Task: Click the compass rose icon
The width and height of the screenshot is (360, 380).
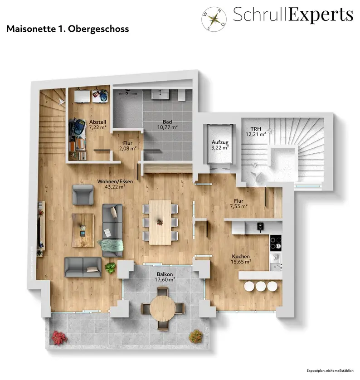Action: (x=214, y=19)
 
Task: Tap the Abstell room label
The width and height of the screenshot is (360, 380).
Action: (x=97, y=125)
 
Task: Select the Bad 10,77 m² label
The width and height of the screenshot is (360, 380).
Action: (x=167, y=124)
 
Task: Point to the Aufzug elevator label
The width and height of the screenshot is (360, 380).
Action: (x=220, y=145)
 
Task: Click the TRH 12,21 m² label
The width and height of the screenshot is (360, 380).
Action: (x=256, y=132)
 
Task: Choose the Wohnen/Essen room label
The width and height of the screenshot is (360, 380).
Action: (x=115, y=184)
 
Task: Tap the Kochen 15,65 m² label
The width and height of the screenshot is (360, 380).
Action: (x=241, y=259)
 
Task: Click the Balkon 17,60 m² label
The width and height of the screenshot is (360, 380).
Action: (x=165, y=277)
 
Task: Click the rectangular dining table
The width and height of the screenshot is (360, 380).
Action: (x=160, y=222)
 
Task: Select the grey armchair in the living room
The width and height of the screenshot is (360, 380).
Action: (x=83, y=195)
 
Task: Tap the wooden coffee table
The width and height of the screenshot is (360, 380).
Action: (x=83, y=230)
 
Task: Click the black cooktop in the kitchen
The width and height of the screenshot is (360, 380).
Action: (x=276, y=243)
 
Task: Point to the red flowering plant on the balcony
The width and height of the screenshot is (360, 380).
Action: (x=59, y=337)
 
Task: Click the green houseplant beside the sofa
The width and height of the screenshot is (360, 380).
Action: (x=110, y=268)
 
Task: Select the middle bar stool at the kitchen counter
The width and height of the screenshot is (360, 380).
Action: (x=261, y=286)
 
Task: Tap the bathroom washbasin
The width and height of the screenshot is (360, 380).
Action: (x=161, y=94)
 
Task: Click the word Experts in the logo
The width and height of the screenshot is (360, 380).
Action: (x=321, y=15)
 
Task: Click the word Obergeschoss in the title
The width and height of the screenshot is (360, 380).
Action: (x=98, y=29)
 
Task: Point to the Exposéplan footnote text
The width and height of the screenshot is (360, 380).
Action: (x=330, y=370)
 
